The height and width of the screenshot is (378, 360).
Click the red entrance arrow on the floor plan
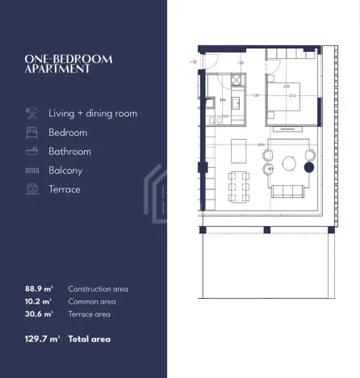point(192,61)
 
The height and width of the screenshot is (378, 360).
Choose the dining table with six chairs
point(237,187)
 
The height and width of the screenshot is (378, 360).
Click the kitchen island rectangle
point(239,151)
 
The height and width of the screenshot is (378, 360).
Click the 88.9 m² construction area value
point(39,288)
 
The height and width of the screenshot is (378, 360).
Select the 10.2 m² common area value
point(39,301)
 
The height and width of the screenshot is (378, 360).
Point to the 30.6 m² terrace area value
point(39,313)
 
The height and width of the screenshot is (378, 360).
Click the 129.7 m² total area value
point(43,338)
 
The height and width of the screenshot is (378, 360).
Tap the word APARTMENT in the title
point(58,69)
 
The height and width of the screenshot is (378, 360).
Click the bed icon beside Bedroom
point(32,132)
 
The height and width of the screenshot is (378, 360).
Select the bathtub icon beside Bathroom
point(32,151)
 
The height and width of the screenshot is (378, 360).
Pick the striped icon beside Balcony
point(32,170)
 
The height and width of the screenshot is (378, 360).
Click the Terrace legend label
point(65,189)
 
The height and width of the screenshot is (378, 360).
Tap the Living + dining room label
point(93,113)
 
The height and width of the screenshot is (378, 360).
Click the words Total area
point(90,338)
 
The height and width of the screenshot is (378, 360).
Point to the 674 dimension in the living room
point(262,145)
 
